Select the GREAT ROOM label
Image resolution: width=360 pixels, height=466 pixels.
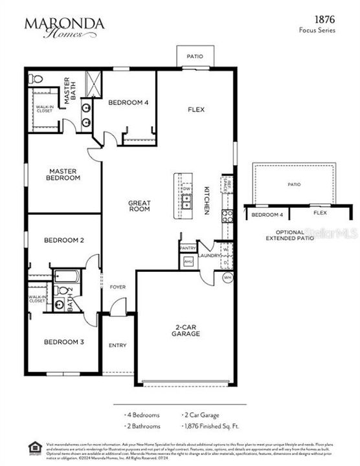click(139, 205)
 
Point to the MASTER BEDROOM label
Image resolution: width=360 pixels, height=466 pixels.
click(64, 174)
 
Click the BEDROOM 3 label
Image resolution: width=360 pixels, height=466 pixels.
click(64, 342)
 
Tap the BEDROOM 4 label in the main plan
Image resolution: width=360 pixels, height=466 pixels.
click(128, 102)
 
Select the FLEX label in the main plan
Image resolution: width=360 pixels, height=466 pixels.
click(196, 109)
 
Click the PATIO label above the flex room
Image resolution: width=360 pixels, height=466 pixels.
click(195, 56)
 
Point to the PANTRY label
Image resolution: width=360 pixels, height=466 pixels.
click(188, 248)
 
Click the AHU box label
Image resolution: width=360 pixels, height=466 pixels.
click(188, 261)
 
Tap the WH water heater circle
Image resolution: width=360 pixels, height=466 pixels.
click(227, 278)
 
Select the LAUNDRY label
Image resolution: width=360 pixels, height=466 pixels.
click(210, 256)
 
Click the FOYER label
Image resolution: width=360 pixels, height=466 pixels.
click(117, 287)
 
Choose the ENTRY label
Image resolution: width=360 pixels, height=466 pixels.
click(117, 345)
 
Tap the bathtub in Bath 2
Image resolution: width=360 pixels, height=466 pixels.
click(65, 278)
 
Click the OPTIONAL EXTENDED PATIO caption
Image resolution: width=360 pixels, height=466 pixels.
click(289, 235)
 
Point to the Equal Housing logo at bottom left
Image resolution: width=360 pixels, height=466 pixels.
click(33, 446)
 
